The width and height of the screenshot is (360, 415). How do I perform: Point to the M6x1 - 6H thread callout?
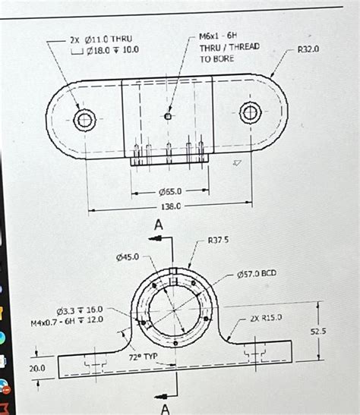click(x=218, y=36)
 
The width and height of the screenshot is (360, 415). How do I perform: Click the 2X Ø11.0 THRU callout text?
click(x=100, y=39)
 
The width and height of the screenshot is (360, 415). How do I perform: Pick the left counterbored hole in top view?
click(x=85, y=119)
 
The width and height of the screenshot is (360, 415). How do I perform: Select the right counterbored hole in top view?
click(x=250, y=114)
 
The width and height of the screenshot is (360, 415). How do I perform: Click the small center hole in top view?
click(x=168, y=116)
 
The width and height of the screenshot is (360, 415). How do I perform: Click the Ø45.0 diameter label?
click(x=127, y=257)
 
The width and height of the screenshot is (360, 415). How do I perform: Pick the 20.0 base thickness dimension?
click(x=37, y=368)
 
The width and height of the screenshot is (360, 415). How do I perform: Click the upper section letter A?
click(x=158, y=225)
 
